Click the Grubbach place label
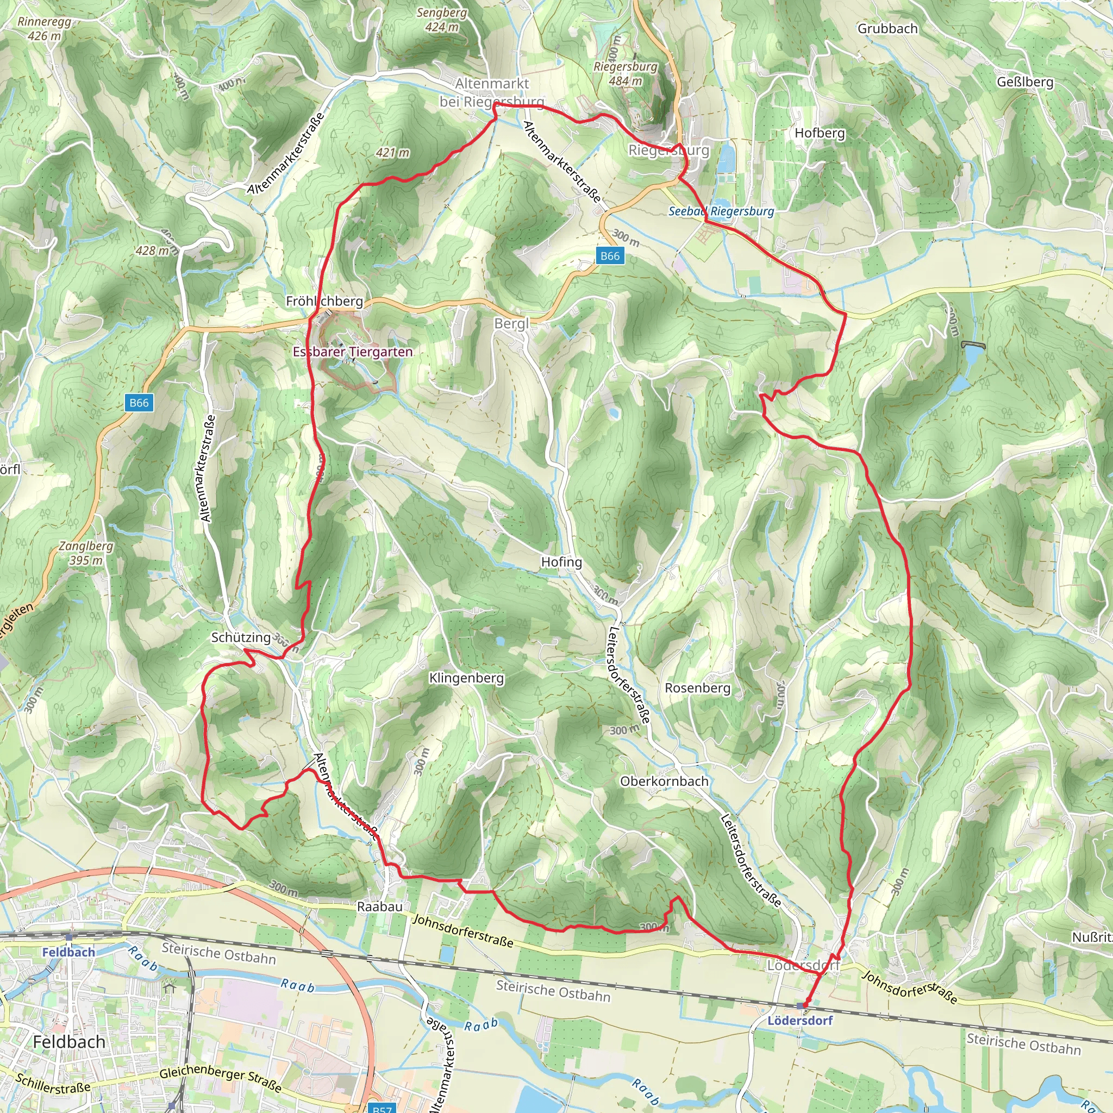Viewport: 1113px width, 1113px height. click(887, 28)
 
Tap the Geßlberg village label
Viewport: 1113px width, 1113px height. click(1025, 82)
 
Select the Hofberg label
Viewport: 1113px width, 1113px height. click(819, 133)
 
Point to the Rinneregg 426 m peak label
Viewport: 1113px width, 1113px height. click(44, 28)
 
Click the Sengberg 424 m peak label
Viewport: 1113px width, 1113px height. click(442, 20)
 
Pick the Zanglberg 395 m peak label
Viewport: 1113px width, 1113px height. click(86, 553)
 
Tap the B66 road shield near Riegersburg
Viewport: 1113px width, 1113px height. click(610, 256)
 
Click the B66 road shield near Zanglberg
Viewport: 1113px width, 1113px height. click(139, 403)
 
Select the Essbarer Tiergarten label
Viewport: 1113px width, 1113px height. click(353, 352)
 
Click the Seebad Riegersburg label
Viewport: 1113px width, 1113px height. click(721, 211)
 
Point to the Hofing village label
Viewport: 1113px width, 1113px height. click(561, 562)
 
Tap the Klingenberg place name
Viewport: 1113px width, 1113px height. click(466, 678)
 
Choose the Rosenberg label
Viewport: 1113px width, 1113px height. click(697, 688)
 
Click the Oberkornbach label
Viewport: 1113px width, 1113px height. click(664, 781)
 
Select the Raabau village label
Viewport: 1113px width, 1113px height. click(380, 906)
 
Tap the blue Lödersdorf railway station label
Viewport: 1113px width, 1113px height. click(799, 1020)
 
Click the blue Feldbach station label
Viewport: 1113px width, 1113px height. click(68, 952)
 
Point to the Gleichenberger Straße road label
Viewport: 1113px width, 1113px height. click(220, 1078)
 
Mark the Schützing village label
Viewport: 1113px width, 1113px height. click(241, 637)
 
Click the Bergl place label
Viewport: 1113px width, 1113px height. click(511, 324)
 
